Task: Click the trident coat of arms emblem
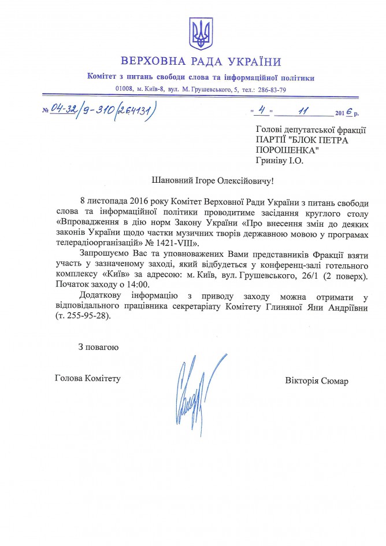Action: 201,34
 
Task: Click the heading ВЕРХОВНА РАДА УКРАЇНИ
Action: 201,62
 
